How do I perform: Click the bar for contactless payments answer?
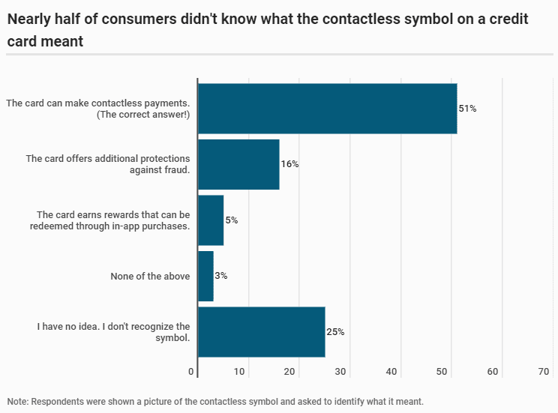tap(327, 109)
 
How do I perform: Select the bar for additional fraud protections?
tap(238, 164)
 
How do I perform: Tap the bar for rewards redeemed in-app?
tap(211, 220)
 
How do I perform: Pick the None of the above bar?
tap(205, 276)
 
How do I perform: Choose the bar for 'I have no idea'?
tap(261, 332)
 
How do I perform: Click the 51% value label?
tap(468, 109)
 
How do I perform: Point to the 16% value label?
tap(289, 164)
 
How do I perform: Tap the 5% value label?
tap(231, 220)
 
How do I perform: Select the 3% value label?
tap(221, 276)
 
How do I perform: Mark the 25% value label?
tap(335, 332)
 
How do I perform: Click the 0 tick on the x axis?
tap(192, 372)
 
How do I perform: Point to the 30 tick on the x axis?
tap(341, 372)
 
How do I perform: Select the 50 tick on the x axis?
tap(442, 372)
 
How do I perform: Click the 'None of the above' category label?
tap(150, 276)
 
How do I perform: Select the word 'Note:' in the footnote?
tap(18, 401)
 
